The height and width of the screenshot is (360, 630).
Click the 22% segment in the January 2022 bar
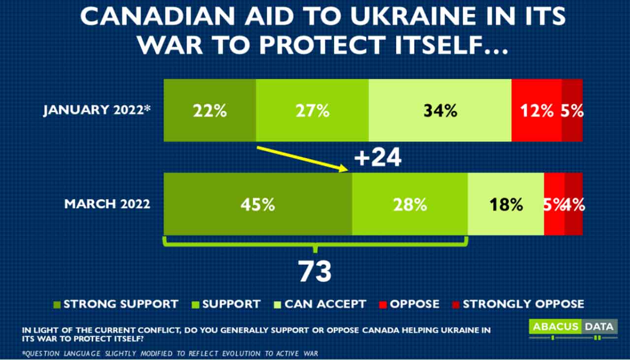(210, 111)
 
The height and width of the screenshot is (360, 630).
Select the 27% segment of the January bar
(312, 111)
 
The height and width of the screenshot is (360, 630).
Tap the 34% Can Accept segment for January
(440, 111)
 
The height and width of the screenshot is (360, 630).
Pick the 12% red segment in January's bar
(536, 111)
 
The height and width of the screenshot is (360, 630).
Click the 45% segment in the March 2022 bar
(258, 204)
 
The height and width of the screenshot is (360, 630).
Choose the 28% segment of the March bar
(409, 204)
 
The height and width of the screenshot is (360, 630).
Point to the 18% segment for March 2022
(505, 204)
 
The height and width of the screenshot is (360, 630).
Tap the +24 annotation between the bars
(378, 158)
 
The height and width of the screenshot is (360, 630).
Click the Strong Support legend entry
(116, 304)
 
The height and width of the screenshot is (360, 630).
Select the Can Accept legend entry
(320, 304)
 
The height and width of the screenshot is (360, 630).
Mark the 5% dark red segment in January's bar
(572, 111)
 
